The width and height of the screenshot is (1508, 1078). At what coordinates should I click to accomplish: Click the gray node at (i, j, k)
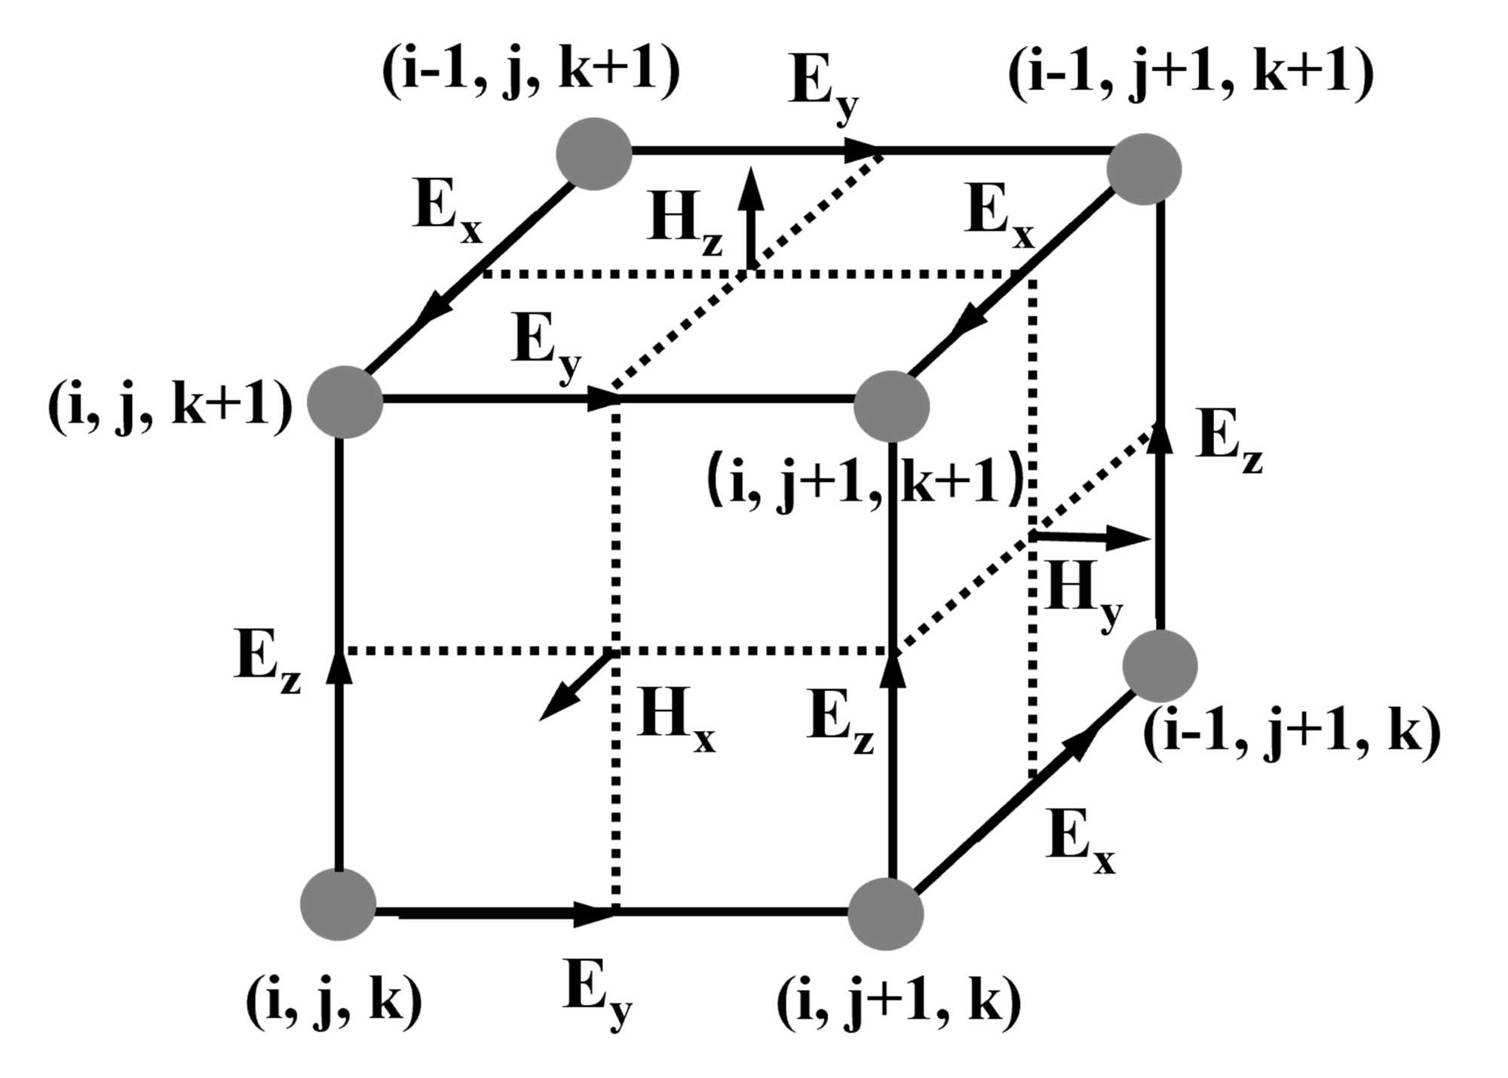pyautogui.click(x=338, y=904)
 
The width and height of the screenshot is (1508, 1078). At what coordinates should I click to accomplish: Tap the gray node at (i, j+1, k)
pyautogui.click(x=885, y=913)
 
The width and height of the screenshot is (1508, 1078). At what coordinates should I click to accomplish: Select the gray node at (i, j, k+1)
pyautogui.click(x=345, y=402)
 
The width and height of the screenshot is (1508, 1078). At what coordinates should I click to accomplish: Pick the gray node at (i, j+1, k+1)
pyautogui.click(x=891, y=406)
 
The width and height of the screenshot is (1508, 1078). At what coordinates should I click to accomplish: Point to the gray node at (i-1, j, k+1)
pyautogui.click(x=594, y=153)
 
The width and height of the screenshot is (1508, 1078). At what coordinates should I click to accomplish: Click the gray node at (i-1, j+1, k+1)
pyautogui.click(x=1144, y=169)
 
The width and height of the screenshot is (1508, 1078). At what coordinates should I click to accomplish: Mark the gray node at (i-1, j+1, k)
pyautogui.click(x=1160, y=666)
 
